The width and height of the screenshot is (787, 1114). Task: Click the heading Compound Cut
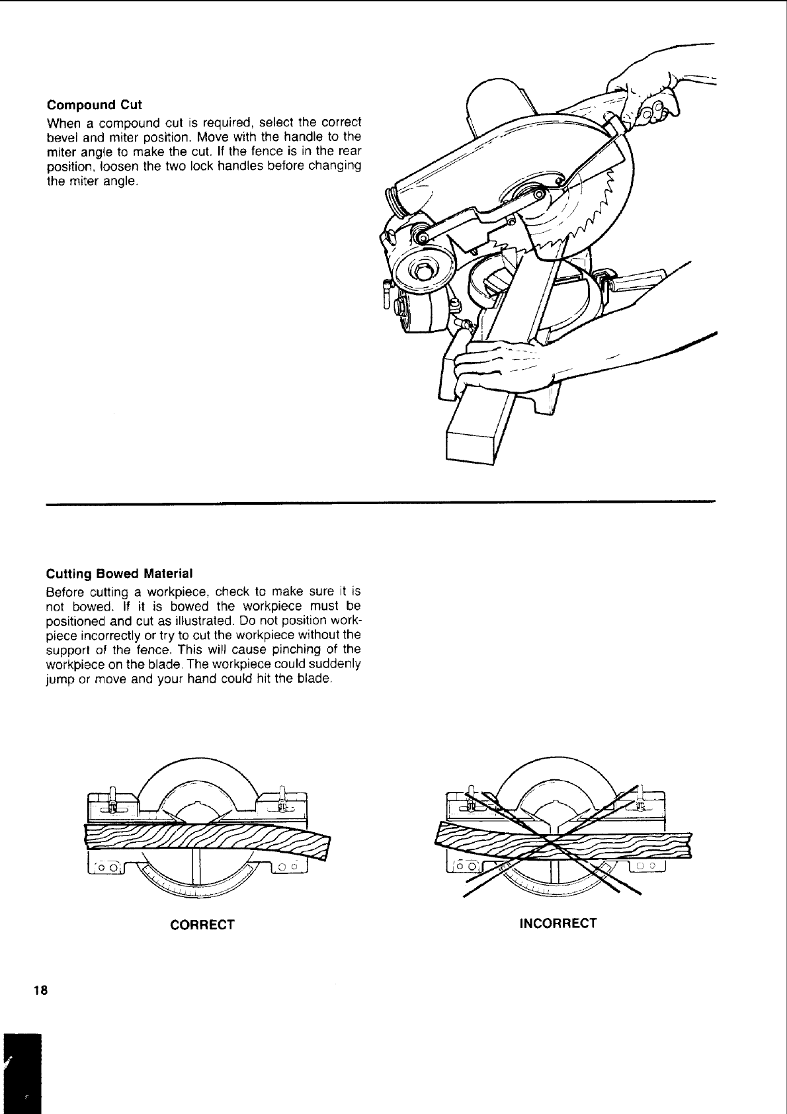pos(94,105)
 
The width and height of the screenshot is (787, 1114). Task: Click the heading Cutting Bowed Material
pos(119,573)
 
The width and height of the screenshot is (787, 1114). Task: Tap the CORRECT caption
pos(202,924)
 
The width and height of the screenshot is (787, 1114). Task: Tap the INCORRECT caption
pos(558,923)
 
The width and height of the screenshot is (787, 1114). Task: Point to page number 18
pos(40,990)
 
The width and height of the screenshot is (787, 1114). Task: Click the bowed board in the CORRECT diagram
pos(205,839)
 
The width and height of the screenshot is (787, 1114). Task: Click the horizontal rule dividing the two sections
pos(381,503)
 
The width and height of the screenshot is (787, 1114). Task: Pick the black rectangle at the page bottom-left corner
pos(21,1072)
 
